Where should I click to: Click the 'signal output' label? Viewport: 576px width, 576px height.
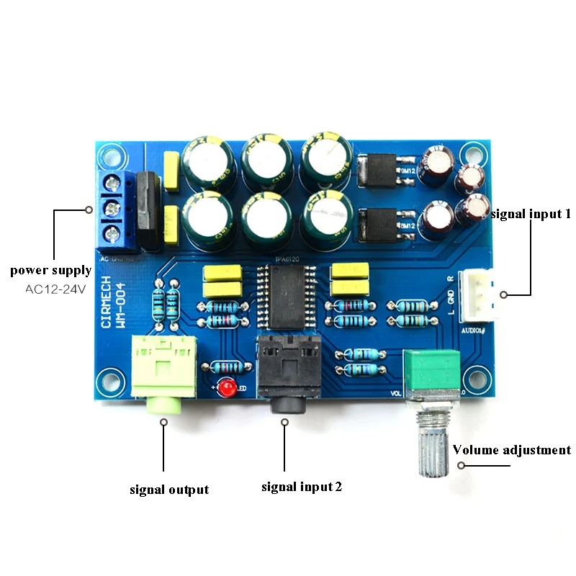click(x=169, y=490)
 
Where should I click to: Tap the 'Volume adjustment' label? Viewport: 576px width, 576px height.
click(x=511, y=450)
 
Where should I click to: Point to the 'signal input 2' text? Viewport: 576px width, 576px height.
click(x=301, y=487)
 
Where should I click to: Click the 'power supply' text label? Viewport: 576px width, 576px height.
click(x=50, y=271)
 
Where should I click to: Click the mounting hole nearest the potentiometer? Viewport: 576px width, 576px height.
click(x=474, y=377)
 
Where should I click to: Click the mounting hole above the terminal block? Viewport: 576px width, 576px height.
click(x=110, y=153)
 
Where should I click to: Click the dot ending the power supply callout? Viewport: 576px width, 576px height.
click(x=89, y=210)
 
